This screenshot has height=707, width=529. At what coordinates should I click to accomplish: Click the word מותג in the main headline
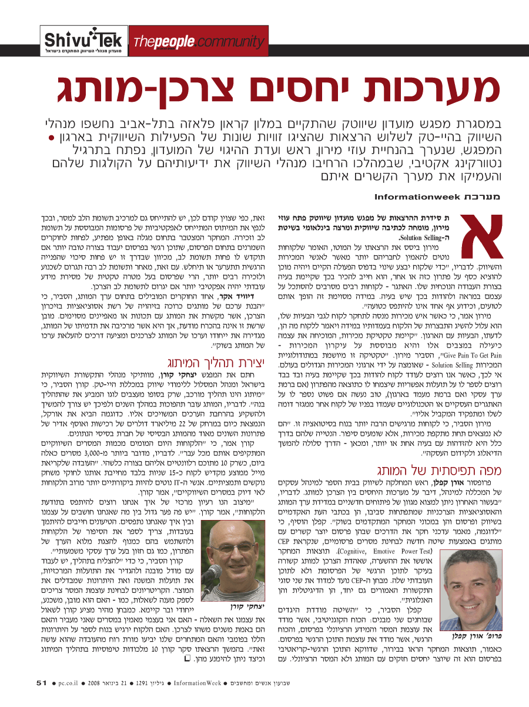tap(115, 89)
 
